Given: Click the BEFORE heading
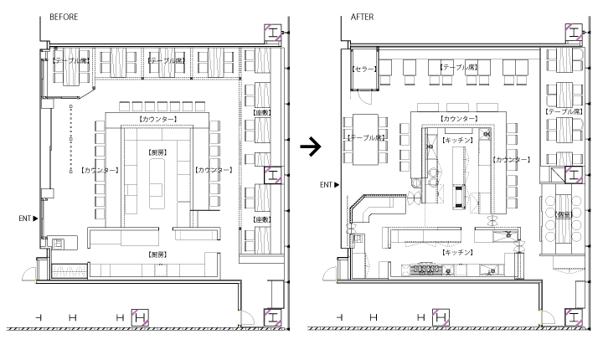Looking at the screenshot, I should [x=64, y=17].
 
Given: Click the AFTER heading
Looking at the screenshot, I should [x=363, y=17].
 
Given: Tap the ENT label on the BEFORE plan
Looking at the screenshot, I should [x=27, y=218].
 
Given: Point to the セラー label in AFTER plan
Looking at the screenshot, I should [x=365, y=69].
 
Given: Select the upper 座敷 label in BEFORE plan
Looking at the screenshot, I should [x=262, y=111].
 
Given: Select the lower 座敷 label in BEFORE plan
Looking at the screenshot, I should [x=262, y=219].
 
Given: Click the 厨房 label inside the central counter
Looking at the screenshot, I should [x=157, y=152].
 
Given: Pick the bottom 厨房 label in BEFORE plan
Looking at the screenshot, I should [x=157, y=253].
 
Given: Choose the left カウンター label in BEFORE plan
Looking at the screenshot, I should [x=99, y=170].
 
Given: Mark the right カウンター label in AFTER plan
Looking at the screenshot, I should [x=512, y=159].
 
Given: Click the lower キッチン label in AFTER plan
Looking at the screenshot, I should [x=459, y=251].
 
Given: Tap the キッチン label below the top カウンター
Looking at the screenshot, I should [x=459, y=140].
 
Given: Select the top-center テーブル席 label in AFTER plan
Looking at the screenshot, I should [x=460, y=66].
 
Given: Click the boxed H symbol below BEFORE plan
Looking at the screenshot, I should [x=141, y=317].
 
